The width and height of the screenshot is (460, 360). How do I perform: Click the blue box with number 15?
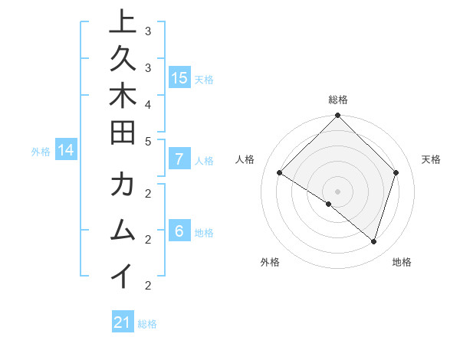click(179, 78)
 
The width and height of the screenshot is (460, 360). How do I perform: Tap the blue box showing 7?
click(179, 160)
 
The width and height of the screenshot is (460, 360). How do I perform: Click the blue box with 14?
click(66, 151)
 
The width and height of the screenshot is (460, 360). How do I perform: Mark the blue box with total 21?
click(123, 323)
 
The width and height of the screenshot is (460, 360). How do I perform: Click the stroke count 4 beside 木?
click(148, 103)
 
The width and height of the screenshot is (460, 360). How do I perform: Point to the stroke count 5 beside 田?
click(148, 141)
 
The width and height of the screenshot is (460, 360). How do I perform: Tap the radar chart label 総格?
click(338, 100)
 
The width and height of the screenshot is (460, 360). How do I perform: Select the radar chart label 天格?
click(432, 159)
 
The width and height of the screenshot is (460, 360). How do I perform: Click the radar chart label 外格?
click(270, 262)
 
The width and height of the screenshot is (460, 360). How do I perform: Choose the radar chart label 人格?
click(245, 159)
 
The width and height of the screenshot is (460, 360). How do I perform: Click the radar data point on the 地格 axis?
click(373, 241)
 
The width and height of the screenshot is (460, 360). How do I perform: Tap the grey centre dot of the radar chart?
click(337, 191)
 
